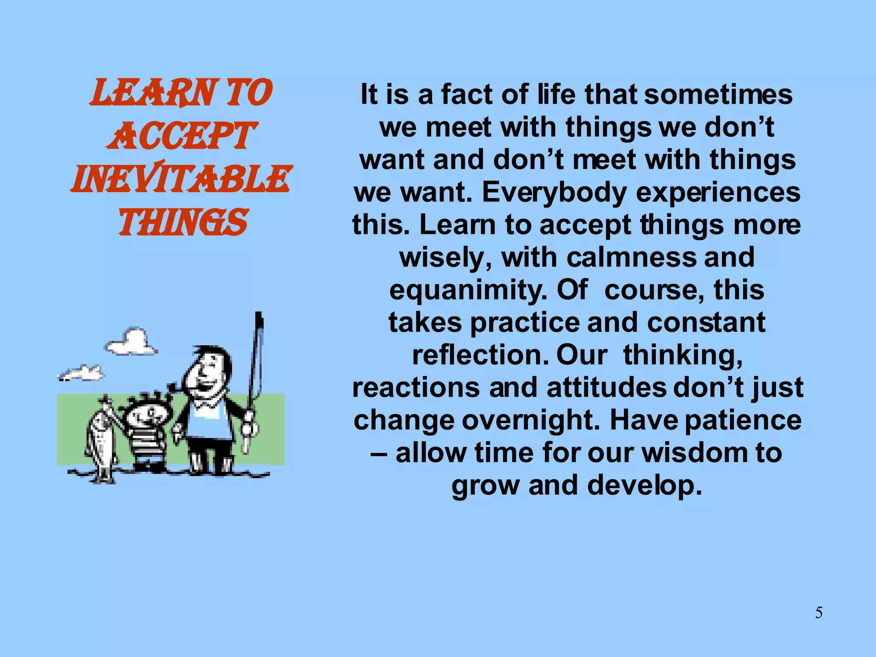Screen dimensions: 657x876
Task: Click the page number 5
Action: (x=819, y=613)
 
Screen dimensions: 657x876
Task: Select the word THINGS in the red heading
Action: (x=183, y=222)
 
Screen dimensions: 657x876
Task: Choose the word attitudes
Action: (x=606, y=388)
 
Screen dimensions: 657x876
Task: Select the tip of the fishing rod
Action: (x=258, y=317)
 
